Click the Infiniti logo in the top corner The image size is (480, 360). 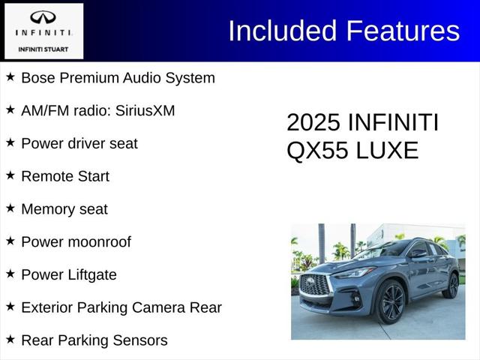tap(43, 18)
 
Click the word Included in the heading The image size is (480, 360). tap(282, 31)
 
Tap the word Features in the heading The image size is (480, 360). tap(402, 31)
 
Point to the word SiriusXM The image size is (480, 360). tap(145, 111)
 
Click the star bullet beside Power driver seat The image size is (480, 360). tap(10, 142)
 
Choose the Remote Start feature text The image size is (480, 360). tap(65, 176)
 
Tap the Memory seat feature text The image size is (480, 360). tap(64, 209)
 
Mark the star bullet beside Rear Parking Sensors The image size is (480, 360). tap(10, 340)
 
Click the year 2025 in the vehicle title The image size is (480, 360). tap(314, 123)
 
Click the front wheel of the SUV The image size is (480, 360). tap(391, 302)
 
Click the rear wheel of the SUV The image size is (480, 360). tap(452, 286)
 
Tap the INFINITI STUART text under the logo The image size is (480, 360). tap(43, 49)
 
